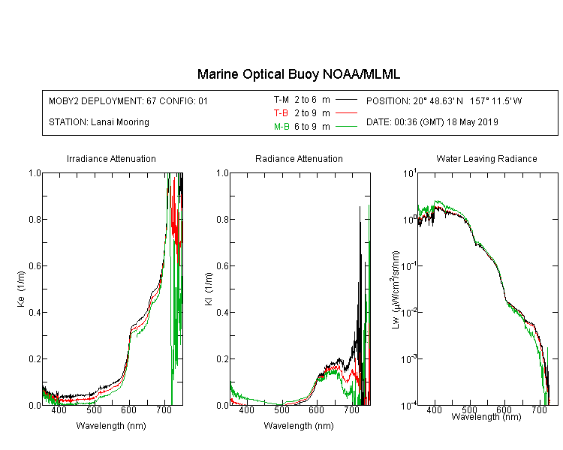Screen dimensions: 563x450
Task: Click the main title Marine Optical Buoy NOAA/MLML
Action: (298, 74)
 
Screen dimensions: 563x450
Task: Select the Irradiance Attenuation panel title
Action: (111, 158)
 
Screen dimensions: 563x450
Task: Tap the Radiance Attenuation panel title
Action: (299, 158)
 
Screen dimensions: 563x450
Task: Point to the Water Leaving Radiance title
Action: (486, 158)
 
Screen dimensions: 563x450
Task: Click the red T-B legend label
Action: (281, 113)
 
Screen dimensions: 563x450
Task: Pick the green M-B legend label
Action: (281, 126)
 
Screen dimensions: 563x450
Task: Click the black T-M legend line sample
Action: (346, 100)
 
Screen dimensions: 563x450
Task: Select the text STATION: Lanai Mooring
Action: (99, 122)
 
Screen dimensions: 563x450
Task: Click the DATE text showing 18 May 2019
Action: (432, 122)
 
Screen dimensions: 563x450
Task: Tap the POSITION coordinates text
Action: (444, 100)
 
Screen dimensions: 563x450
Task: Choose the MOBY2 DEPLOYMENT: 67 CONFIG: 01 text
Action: (128, 100)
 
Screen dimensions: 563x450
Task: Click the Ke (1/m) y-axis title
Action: (21, 289)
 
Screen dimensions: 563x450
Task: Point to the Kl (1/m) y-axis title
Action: (209, 289)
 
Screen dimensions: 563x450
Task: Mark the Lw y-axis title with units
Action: (396, 289)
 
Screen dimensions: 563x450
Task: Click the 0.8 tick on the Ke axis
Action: (35, 219)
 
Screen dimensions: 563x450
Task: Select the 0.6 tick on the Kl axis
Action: (223, 266)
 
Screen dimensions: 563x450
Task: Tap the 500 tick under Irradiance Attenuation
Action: (94, 409)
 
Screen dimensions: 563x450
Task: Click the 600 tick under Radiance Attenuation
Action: (316, 409)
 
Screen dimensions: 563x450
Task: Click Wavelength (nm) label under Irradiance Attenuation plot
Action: (111, 426)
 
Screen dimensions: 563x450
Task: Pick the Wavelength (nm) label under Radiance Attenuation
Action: (299, 426)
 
